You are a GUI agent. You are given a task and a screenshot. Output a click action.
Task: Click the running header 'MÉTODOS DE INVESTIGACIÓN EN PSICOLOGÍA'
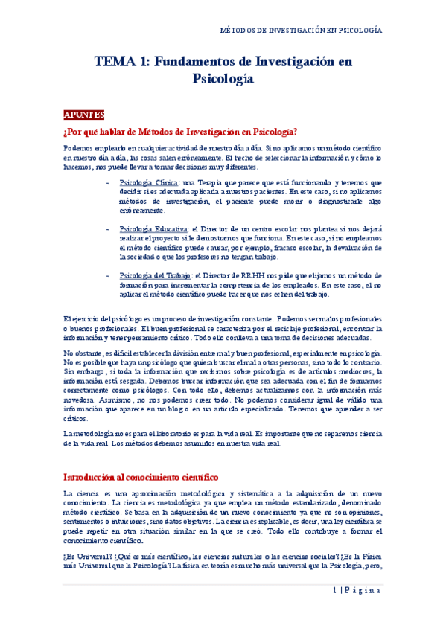303,31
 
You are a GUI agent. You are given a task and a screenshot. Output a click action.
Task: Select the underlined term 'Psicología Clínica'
148,182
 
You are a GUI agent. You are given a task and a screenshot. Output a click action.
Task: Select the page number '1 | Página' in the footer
357,592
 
